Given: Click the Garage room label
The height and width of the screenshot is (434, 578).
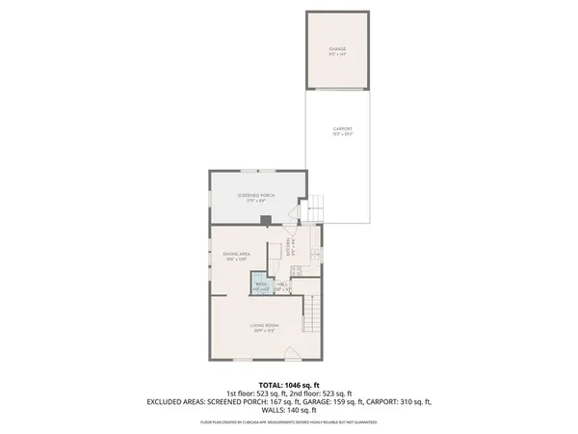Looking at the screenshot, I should [337, 48].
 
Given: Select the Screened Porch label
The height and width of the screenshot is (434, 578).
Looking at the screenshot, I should [256, 195].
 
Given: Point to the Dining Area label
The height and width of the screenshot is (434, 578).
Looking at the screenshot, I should [237, 254].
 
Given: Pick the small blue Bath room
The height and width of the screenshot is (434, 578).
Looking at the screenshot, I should [261, 285].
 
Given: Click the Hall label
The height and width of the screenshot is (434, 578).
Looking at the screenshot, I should [284, 285].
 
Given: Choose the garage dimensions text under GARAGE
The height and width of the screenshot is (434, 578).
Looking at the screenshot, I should [337, 55].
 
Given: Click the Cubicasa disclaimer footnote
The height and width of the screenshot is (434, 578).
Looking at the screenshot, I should [289, 421].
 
